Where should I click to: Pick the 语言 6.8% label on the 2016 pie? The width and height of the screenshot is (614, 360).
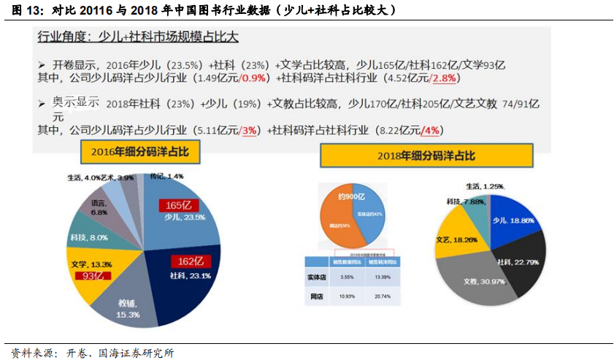tap(99, 208)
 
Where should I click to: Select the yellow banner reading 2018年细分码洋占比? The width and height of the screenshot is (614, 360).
tap(426, 156)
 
